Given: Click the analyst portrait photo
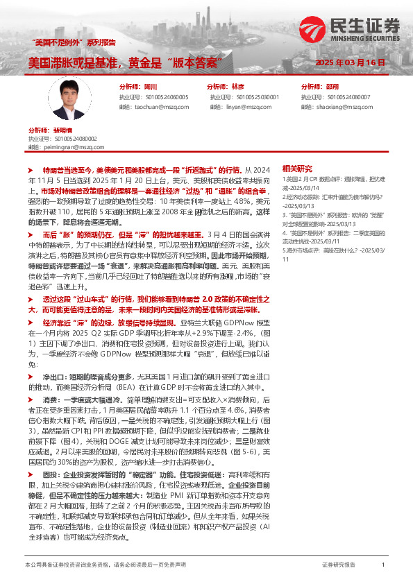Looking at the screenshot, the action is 73,96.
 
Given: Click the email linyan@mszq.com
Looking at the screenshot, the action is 240,107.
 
